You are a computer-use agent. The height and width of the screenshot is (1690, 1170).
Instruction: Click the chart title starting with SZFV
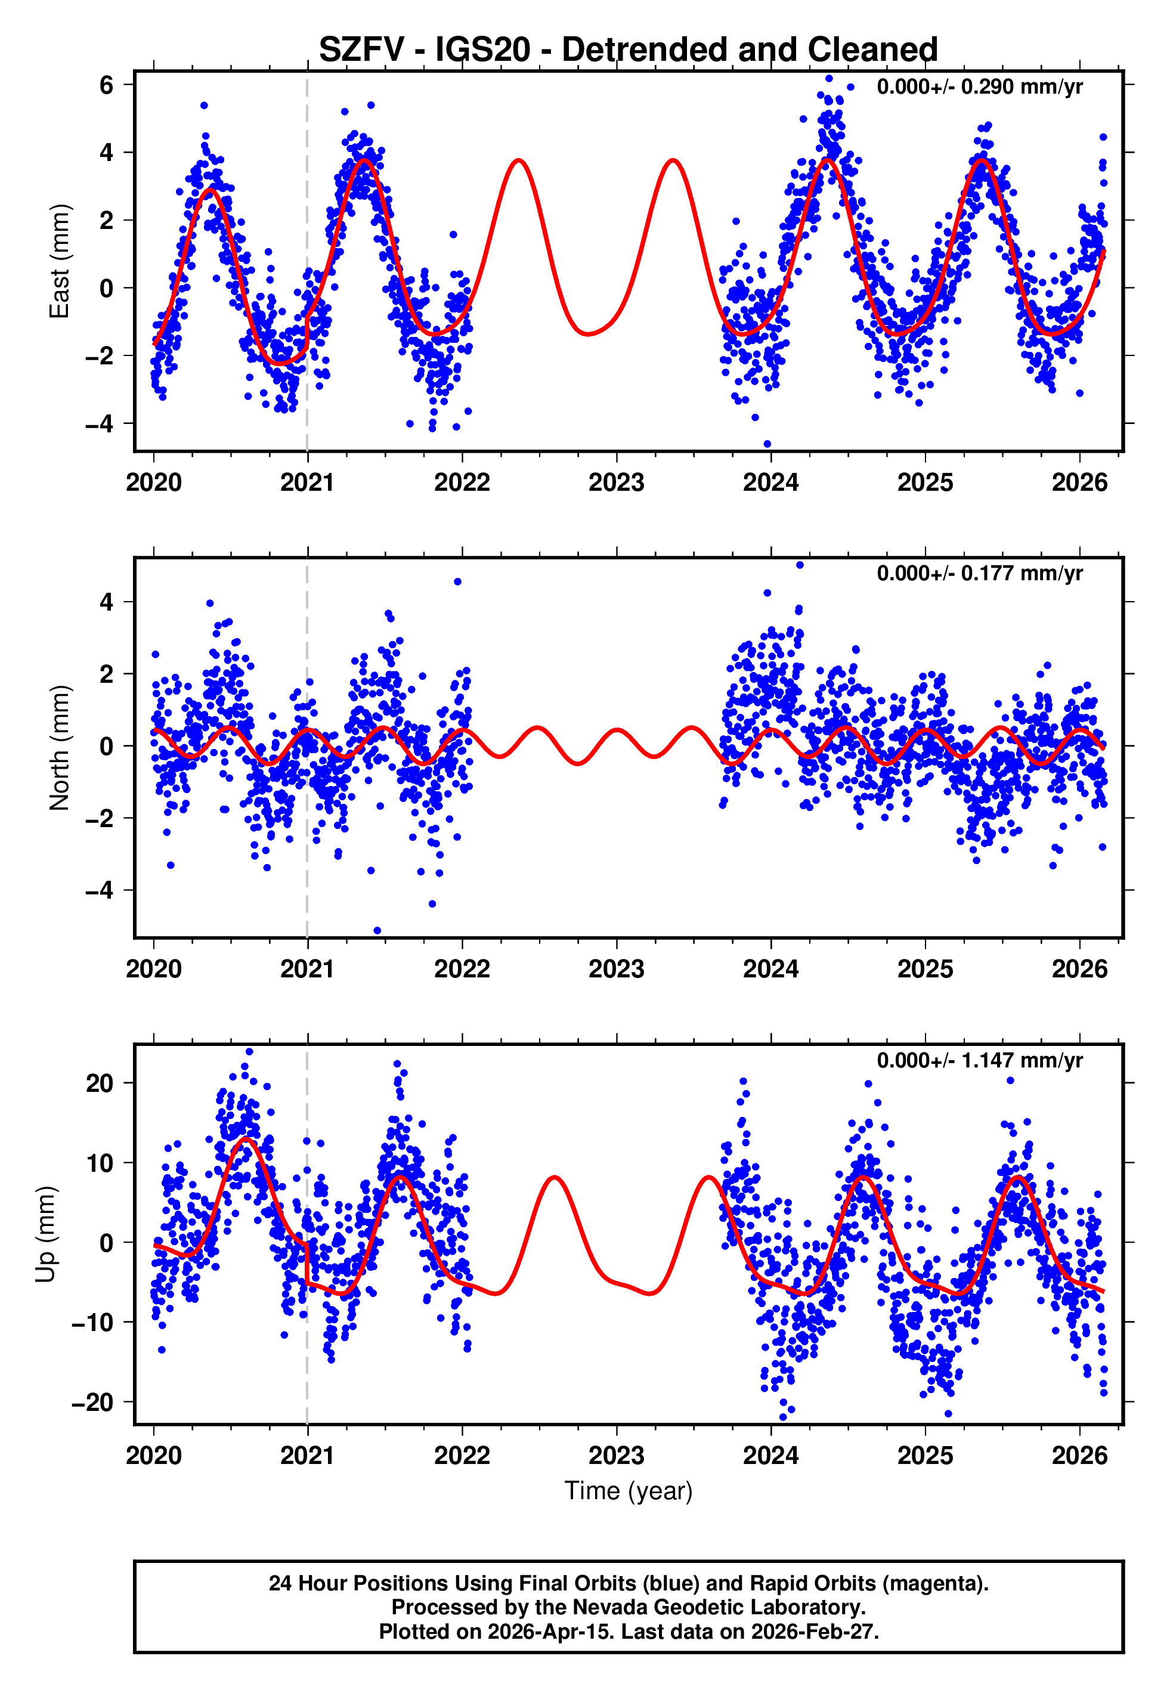(629, 50)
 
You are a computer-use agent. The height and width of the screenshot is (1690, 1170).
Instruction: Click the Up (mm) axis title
(45, 1234)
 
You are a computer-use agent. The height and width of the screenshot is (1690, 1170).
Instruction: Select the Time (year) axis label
(629, 1491)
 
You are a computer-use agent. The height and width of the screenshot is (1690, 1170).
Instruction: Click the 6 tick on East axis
(107, 85)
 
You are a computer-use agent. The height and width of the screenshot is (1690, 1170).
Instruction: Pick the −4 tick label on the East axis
(100, 423)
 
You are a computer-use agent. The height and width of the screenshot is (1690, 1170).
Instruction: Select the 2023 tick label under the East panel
(616, 483)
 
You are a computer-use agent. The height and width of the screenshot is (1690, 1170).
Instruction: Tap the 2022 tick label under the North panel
(462, 969)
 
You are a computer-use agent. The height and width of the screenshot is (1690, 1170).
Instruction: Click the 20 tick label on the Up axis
(100, 1083)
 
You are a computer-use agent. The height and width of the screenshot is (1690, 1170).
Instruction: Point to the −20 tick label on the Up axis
(92, 1403)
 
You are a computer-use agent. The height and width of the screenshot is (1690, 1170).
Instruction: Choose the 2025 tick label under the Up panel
(925, 1456)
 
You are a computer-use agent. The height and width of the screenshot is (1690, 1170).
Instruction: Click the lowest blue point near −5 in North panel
(377, 931)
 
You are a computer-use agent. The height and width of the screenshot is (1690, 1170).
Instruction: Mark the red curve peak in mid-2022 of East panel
(518, 160)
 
